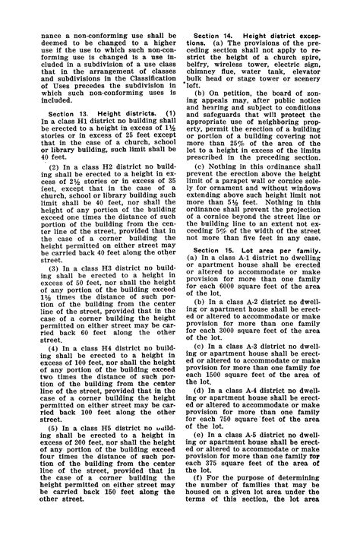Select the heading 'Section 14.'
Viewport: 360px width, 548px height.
pos(216,36)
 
